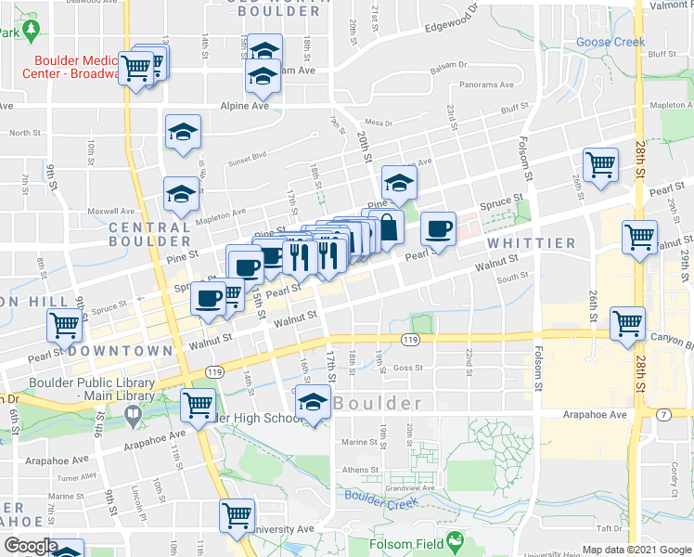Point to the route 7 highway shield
coord(662,414)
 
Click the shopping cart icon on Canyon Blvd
coord(628,324)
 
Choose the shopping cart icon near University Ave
coord(237,515)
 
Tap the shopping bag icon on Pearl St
coord(387,226)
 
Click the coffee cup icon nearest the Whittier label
coord(438,228)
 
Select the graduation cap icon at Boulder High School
coord(315,406)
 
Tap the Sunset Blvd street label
coord(246,156)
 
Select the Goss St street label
coord(407,368)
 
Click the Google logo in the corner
coord(31,546)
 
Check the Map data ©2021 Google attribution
coord(636,551)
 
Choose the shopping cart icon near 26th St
coord(600,165)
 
